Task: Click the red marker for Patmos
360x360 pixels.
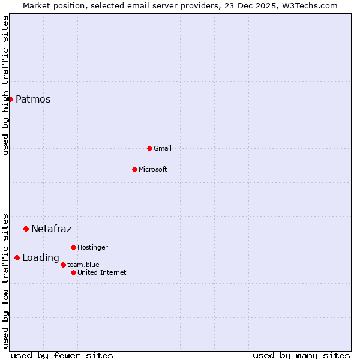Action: click(10, 99)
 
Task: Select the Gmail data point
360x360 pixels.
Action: click(149, 148)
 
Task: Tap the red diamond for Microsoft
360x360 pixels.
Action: click(134, 169)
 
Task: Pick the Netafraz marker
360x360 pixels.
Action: click(26, 229)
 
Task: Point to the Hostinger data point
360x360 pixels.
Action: click(73, 247)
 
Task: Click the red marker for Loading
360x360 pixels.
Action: click(17, 258)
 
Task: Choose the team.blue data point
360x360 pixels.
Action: click(63, 265)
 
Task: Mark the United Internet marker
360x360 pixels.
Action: click(73, 272)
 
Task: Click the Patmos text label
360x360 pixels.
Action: click(33, 100)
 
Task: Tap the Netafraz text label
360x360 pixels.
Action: click(51, 229)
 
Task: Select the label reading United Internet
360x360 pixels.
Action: click(101, 273)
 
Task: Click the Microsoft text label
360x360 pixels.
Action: click(152, 170)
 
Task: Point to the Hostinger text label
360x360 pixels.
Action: click(92, 248)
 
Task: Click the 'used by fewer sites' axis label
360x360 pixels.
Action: click(62, 356)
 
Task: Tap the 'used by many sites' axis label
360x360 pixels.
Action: click(301, 356)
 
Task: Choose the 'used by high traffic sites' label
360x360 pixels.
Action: click(6, 85)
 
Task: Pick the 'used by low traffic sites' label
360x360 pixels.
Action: click(6, 281)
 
